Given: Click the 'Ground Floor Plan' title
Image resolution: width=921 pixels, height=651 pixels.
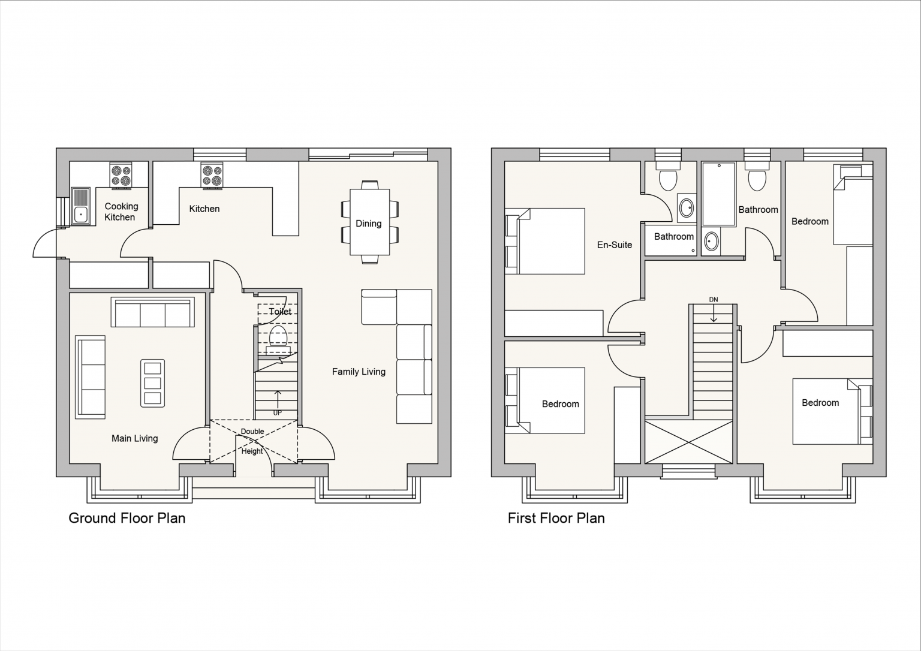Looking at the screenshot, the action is pyautogui.click(x=127, y=519).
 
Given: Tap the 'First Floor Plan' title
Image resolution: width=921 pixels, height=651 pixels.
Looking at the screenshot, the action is pyautogui.click(x=556, y=519).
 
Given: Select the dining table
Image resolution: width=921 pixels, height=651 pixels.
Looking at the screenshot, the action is pyautogui.click(x=369, y=222).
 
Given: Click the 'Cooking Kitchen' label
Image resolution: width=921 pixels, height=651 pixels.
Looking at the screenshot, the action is pyautogui.click(x=121, y=212).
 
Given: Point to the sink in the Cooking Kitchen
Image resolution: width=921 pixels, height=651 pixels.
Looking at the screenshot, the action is pyautogui.click(x=80, y=206).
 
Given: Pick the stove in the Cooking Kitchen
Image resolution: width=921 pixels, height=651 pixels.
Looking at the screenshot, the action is pyautogui.click(x=121, y=176).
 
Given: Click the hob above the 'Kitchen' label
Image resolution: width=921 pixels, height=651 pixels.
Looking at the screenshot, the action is pyautogui.click(x=212, y=176).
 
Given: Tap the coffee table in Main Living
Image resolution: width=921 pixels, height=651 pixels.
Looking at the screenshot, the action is pyautogui.click(x=152, y=383).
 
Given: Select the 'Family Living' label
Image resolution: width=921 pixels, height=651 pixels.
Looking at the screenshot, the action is pyautogui.click(x=359, y=372).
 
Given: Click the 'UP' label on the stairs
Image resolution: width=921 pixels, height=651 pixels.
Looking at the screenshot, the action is pyautogui.click(x=278, y=412).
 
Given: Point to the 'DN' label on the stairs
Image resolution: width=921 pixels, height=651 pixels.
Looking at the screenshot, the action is pyautogui.click(x=714, y=300).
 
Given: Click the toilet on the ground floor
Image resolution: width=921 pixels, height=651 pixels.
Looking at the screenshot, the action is pyautogui.click(x=278, y=340).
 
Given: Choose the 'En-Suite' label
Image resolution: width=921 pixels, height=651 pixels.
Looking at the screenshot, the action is pyautogui.click(x=614, y=245).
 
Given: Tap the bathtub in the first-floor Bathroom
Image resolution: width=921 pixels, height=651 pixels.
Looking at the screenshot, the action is pyautogui.click(x=719, y=194).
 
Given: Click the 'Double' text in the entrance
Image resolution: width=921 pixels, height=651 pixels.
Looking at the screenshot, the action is pyautogui.click(x=252, y=431).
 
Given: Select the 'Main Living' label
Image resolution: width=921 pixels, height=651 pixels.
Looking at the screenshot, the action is pyautogui.click(x=135, y=439).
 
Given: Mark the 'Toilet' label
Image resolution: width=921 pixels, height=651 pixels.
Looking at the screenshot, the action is pyautogui.click(x=281, y=312).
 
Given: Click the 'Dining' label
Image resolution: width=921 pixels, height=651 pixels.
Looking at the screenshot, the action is pyautogui.click(x=368, y=224).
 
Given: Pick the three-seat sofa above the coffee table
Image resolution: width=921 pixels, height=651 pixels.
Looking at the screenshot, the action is pyautogui.click(x=152, y=312).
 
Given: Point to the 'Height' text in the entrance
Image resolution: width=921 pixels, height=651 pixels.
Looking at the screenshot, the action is pyautogui.click(x=252, y=451).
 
